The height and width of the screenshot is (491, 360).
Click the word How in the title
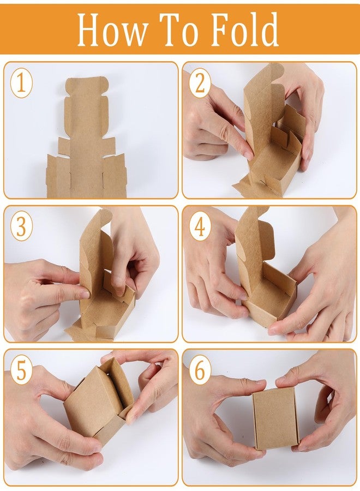tap(112, 31)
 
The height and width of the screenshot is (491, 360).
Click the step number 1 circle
tap(21, 84)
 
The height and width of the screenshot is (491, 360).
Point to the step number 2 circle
tap(200, 83)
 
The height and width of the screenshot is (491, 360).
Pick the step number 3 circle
tap(21, 226)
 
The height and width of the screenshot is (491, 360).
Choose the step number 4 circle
tap(200, 226)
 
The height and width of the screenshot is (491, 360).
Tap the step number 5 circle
tap(21, 371)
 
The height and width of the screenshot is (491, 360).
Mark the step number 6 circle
tap(200, 370)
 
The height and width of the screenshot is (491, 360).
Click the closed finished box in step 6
tap(275, 418)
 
